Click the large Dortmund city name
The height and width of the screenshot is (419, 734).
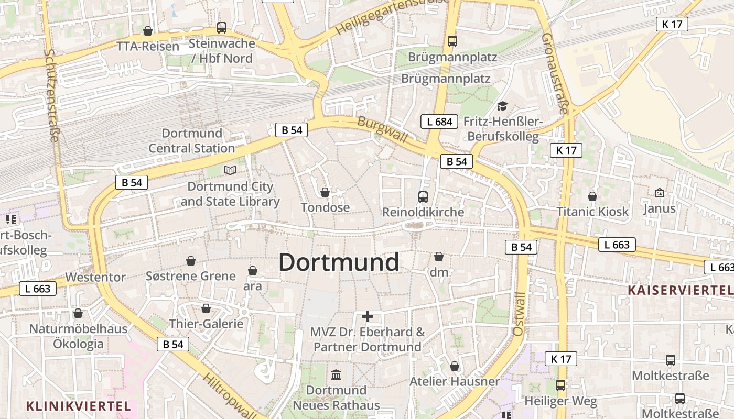(339, 262)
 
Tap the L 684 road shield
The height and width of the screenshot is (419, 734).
(439, 122)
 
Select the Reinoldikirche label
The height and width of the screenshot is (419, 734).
(423, 212)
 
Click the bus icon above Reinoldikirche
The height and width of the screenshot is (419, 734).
(423, 197)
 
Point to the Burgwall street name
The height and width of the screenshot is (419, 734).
(382, 129)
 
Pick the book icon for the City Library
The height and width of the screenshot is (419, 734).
(230, 170)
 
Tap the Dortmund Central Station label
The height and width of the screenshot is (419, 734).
(192, 141)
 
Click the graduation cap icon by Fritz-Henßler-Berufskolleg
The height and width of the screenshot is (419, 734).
(502, 106)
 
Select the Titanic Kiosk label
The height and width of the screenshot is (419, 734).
(592, 212)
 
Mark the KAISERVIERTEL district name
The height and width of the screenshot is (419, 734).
(679, 290)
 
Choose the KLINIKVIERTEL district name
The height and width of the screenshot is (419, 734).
(78, 406)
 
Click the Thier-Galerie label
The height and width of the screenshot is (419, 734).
(206, 324)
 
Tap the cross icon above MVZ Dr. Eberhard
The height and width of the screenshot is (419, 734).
(368, 316)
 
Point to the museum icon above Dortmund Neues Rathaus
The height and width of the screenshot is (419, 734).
(336, 375)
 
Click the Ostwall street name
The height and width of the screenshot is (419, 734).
(519, 314)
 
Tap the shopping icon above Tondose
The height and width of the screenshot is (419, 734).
(325, 192)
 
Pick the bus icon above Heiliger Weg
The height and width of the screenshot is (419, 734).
(560, 385)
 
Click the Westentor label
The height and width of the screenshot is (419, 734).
(95, 277)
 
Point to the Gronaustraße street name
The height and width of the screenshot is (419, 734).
(554, 73)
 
